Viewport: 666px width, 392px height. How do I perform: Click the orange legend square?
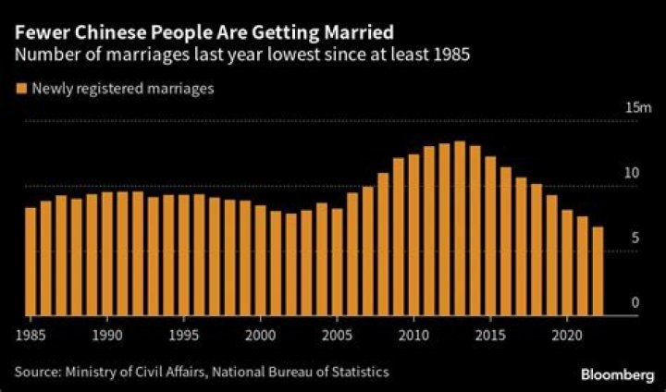tap(19, 89)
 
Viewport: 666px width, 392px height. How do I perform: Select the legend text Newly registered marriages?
tap(123, 89)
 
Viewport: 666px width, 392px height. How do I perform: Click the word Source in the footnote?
tap(36, 372)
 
